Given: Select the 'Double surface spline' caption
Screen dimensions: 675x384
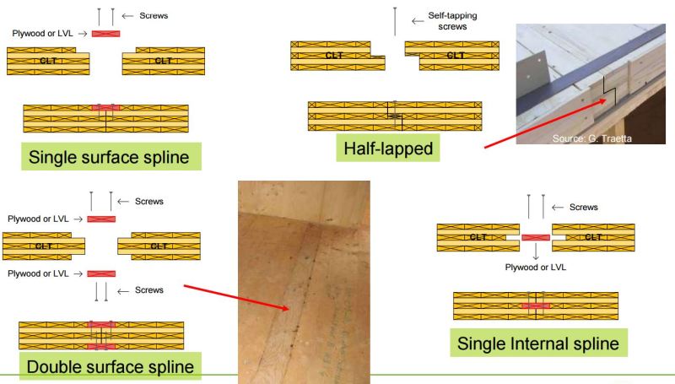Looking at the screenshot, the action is pos(110,367).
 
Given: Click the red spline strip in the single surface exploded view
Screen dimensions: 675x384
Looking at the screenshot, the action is pos(105,34).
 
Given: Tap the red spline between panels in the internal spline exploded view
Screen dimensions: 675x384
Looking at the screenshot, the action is pos(536,237).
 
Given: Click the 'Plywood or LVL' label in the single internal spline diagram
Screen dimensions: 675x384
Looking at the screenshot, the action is pos(535,267).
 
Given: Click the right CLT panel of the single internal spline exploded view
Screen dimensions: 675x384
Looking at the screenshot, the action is pos(592,237).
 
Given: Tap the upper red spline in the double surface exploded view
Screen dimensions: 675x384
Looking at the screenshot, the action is pos(100,219).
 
